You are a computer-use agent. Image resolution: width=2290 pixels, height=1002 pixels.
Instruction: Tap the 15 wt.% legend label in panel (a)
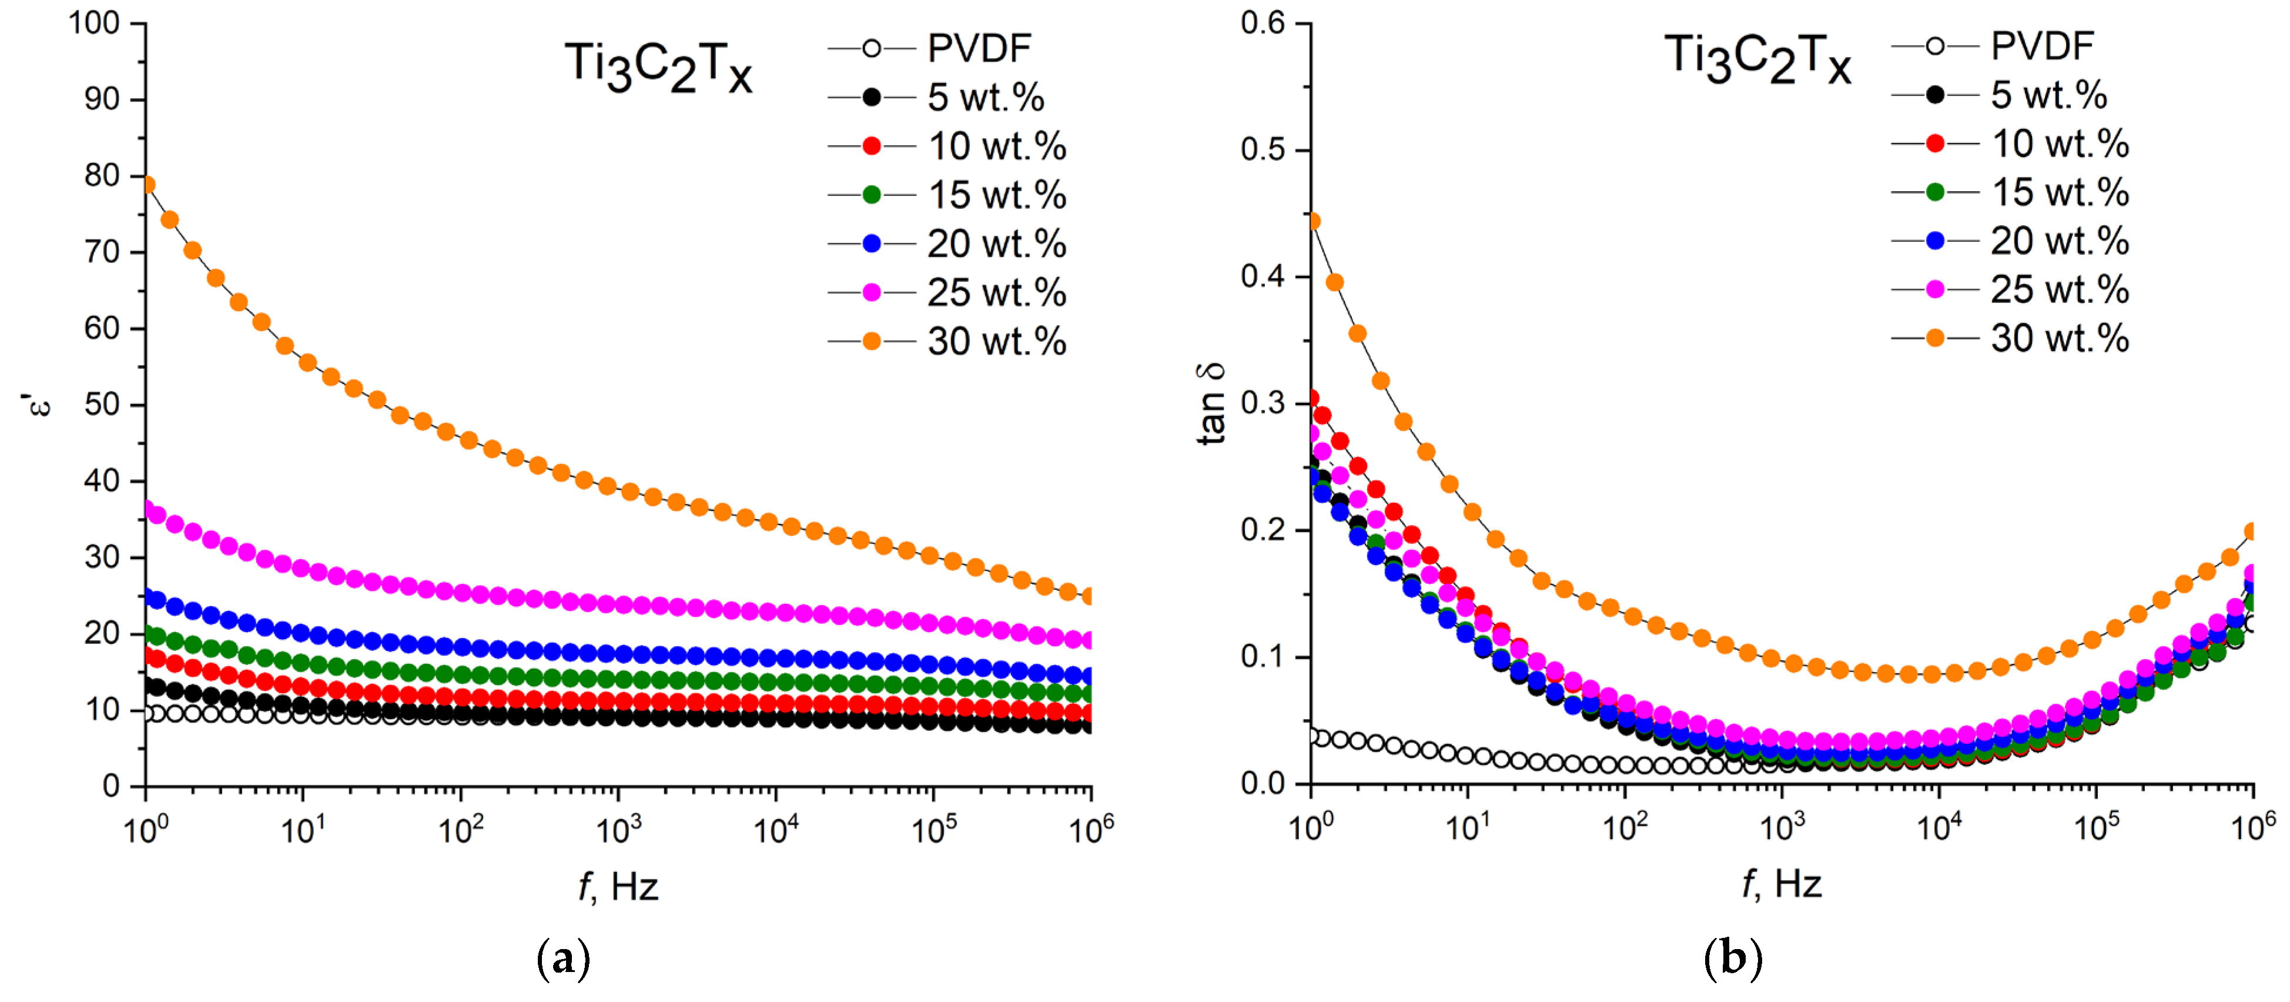[996, 195]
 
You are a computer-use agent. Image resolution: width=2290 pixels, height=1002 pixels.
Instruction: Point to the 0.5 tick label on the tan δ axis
[1263, 149]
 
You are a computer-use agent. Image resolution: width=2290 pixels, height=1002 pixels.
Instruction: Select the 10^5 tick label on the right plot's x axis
[2096, 827]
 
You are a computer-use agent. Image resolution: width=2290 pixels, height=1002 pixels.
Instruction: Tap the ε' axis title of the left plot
[38, 405]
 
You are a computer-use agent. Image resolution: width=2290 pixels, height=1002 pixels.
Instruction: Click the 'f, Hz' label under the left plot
[618, 886]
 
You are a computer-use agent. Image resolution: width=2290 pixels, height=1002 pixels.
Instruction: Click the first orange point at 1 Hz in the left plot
[148, 185]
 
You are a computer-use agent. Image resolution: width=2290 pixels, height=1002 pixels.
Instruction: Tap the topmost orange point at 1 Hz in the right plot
[1312, 221]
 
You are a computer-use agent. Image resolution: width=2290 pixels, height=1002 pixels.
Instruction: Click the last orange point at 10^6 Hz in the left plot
[1089, 596]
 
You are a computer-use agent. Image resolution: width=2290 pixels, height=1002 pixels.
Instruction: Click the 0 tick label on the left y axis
[111, 786]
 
